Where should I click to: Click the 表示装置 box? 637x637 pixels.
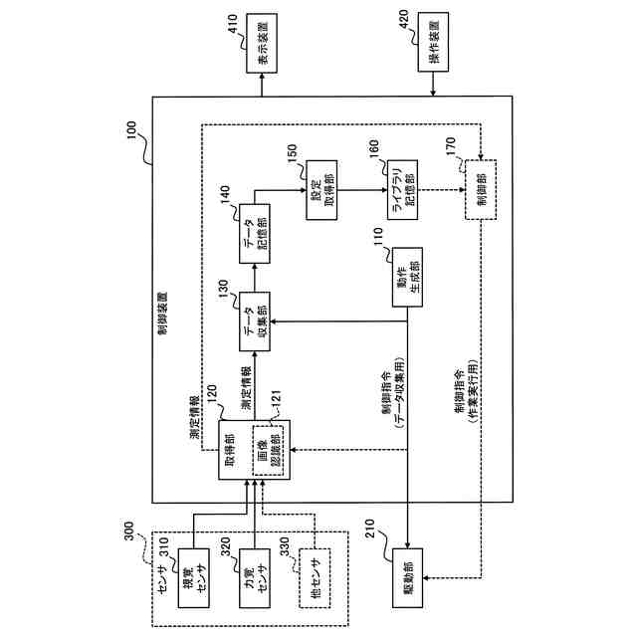point(262,43)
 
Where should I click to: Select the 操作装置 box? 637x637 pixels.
point(434,42)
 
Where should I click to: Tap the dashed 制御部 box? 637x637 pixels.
point(481,190)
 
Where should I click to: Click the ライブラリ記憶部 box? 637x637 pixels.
point(402,190)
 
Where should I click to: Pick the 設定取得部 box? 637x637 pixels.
point(321,190)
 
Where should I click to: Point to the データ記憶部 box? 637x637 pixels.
point(255,234)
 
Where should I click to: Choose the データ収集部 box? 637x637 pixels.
point(255,321)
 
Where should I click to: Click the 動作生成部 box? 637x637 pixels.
point(407,277)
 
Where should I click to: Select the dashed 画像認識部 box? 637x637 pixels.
point(268,450)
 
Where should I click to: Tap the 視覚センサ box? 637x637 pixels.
point(194,578)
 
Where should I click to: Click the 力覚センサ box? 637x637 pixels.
point(255,578)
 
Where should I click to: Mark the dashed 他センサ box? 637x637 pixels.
point(315,578)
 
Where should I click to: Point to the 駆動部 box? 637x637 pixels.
point(407,578)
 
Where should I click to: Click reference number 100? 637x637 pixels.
point(132,130)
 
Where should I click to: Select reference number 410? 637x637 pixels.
point(233,23)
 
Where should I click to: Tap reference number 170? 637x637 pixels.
point(451,146)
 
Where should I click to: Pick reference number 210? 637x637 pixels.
point(370,529)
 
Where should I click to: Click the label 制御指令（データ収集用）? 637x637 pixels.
point(392,393)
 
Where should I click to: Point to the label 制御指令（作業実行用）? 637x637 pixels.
point(466,392)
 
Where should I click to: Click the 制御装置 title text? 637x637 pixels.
point(162,313)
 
